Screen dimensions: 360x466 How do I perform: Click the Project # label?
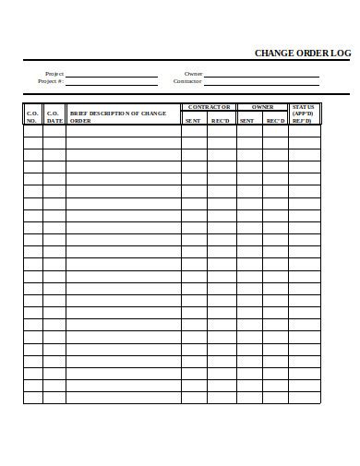(51, 81)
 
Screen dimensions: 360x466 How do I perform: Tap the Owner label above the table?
(193, 73)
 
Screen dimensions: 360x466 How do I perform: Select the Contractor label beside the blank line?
(187, 81)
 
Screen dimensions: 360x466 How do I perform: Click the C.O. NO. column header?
(32, 114)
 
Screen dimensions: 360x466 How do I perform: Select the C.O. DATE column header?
(54, 114)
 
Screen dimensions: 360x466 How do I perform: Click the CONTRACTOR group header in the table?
(209, 107)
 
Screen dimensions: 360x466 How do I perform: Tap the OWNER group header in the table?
(263, 107)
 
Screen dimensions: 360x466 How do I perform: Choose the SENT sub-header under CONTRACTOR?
(193, 120)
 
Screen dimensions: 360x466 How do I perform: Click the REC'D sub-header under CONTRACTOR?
(221, 120)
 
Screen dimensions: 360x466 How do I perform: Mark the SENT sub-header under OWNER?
(246, 120)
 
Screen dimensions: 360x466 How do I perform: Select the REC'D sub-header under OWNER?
(275, 120)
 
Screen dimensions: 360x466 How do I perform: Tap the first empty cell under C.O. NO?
(32, 130)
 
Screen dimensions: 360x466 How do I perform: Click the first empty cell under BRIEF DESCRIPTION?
(123, 130)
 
